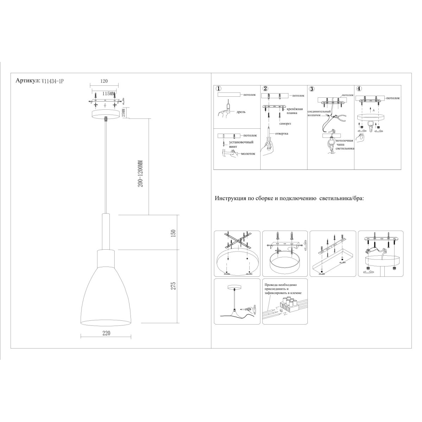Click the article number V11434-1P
52,81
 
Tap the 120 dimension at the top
104,81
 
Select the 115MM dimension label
109,94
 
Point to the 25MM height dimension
123,113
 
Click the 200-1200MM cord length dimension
140,173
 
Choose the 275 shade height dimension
173,286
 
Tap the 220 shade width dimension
106,333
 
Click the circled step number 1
218,89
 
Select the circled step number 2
266,89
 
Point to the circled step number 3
312,89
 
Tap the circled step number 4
359,89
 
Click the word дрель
241,112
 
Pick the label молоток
248,154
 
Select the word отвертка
282,133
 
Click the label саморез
285,123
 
